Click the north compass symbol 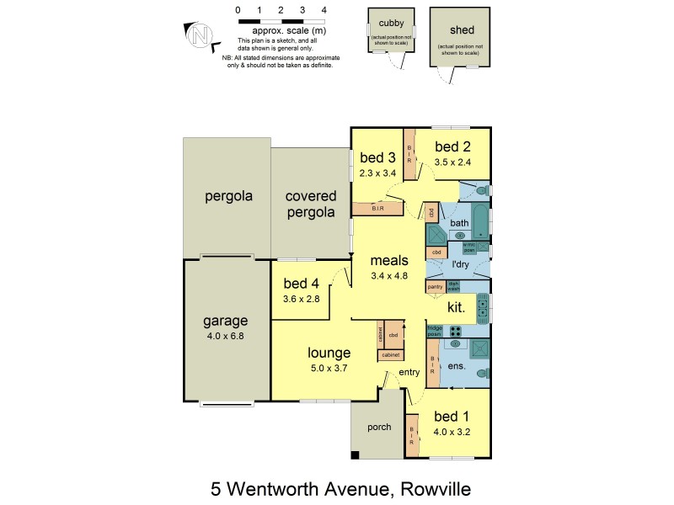click(200, 35)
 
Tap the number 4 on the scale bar click(324, 10)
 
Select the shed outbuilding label click(458, 30)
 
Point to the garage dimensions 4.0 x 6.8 click(225, 337)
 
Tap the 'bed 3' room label click(377, 157)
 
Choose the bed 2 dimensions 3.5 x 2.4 click(453, 162)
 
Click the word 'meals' click(389, 260)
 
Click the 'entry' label click(409, 372)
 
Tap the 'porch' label click(379, 427)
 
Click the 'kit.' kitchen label click(457, 307)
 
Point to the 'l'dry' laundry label click(460, 265)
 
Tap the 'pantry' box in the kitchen click(436, 287)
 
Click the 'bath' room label click(459, 222)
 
